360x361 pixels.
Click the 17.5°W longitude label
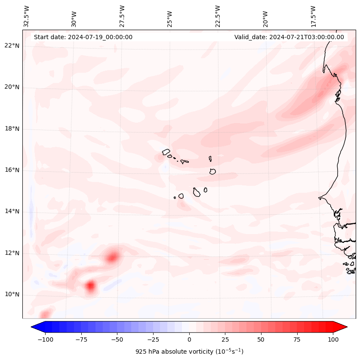pyautogui.click(x=313, y=16)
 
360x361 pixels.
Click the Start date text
pyautogui.click(x=83, y=37)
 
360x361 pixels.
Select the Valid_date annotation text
pyautogui.click(x=289, y=37)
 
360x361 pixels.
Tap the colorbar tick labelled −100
pyautogui.click(x=45, y=339)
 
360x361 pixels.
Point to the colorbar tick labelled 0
pyautogui.click(x=189, y=339)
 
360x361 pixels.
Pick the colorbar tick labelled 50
pyautogui.click(x=261, y=339)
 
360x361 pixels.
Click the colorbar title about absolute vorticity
pyautogui.click(x=189, y=352)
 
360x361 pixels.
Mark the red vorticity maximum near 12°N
pyautogui.click(x=113, y=257)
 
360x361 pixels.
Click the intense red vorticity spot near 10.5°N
pyautogui.click(x=90, y=285)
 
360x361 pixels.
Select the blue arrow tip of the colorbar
pyautogui.click(x=34, y=327)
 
